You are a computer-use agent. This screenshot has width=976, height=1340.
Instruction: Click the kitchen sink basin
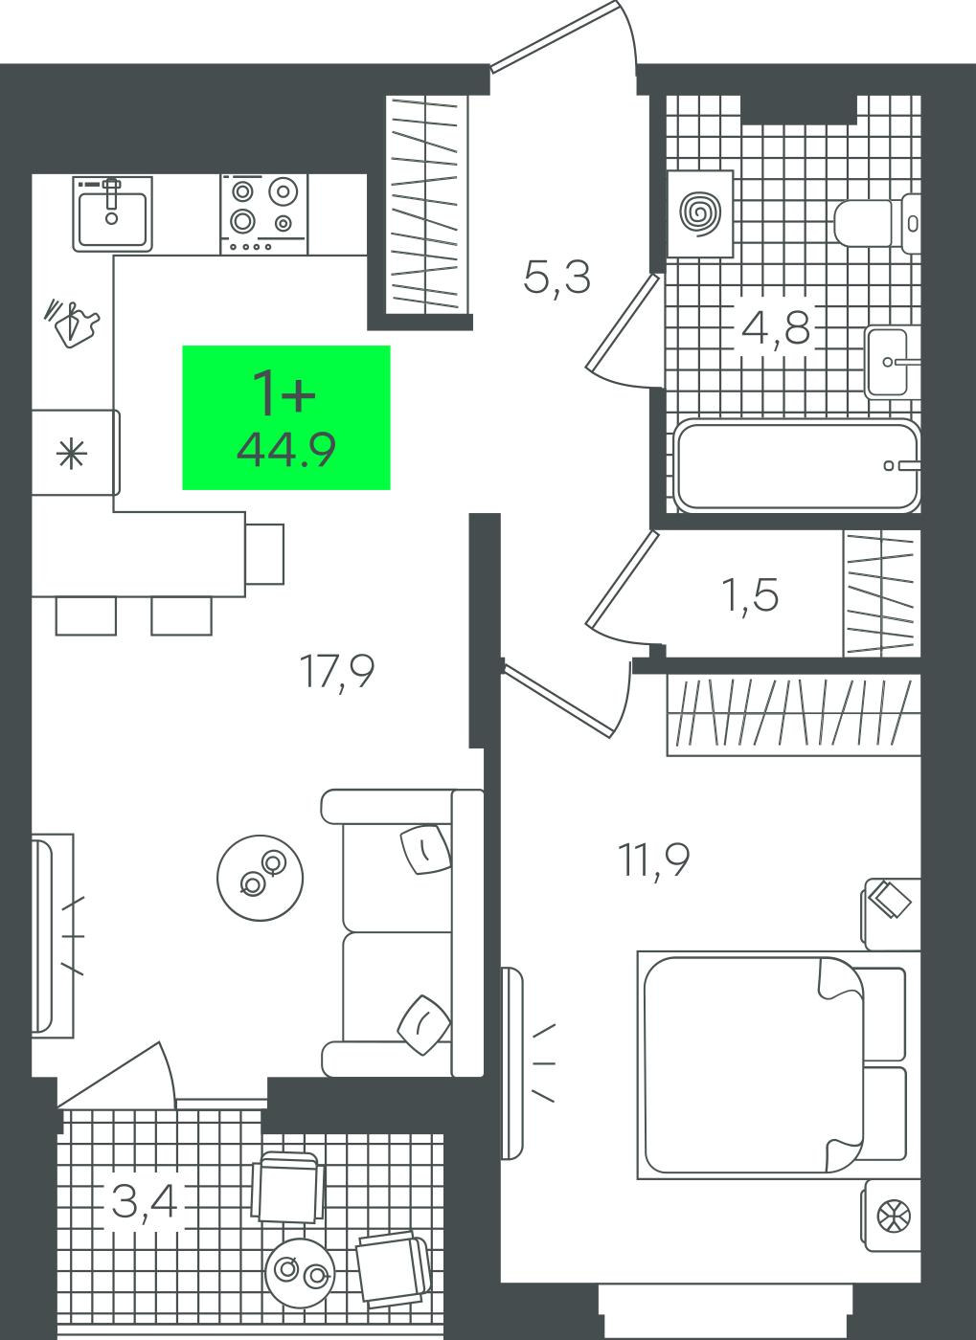click(113, 213)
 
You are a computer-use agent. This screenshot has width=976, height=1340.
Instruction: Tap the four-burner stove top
click(263, 214)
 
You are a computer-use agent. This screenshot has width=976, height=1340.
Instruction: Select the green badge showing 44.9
click(286, 417)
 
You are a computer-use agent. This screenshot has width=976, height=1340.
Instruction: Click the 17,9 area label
click(338, 672)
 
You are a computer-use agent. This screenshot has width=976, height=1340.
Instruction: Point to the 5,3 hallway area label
click(556, 278)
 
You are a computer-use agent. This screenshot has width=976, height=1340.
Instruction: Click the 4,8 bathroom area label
click(776, 327)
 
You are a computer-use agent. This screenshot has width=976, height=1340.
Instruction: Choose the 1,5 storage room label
click(751, 595)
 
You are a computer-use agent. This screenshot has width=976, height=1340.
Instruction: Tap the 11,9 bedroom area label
click(654, 860)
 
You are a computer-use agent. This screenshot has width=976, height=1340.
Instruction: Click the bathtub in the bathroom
click(797, 466)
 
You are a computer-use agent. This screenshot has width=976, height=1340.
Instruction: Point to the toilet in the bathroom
click(876, 222)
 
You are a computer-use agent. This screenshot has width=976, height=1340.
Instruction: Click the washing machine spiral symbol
click(700, 212)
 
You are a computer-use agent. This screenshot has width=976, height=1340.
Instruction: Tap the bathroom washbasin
click(892, 362)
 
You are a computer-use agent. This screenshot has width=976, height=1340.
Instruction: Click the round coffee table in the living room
click(260, 878)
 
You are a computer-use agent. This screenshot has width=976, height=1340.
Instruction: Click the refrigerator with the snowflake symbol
click(76, 452)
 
